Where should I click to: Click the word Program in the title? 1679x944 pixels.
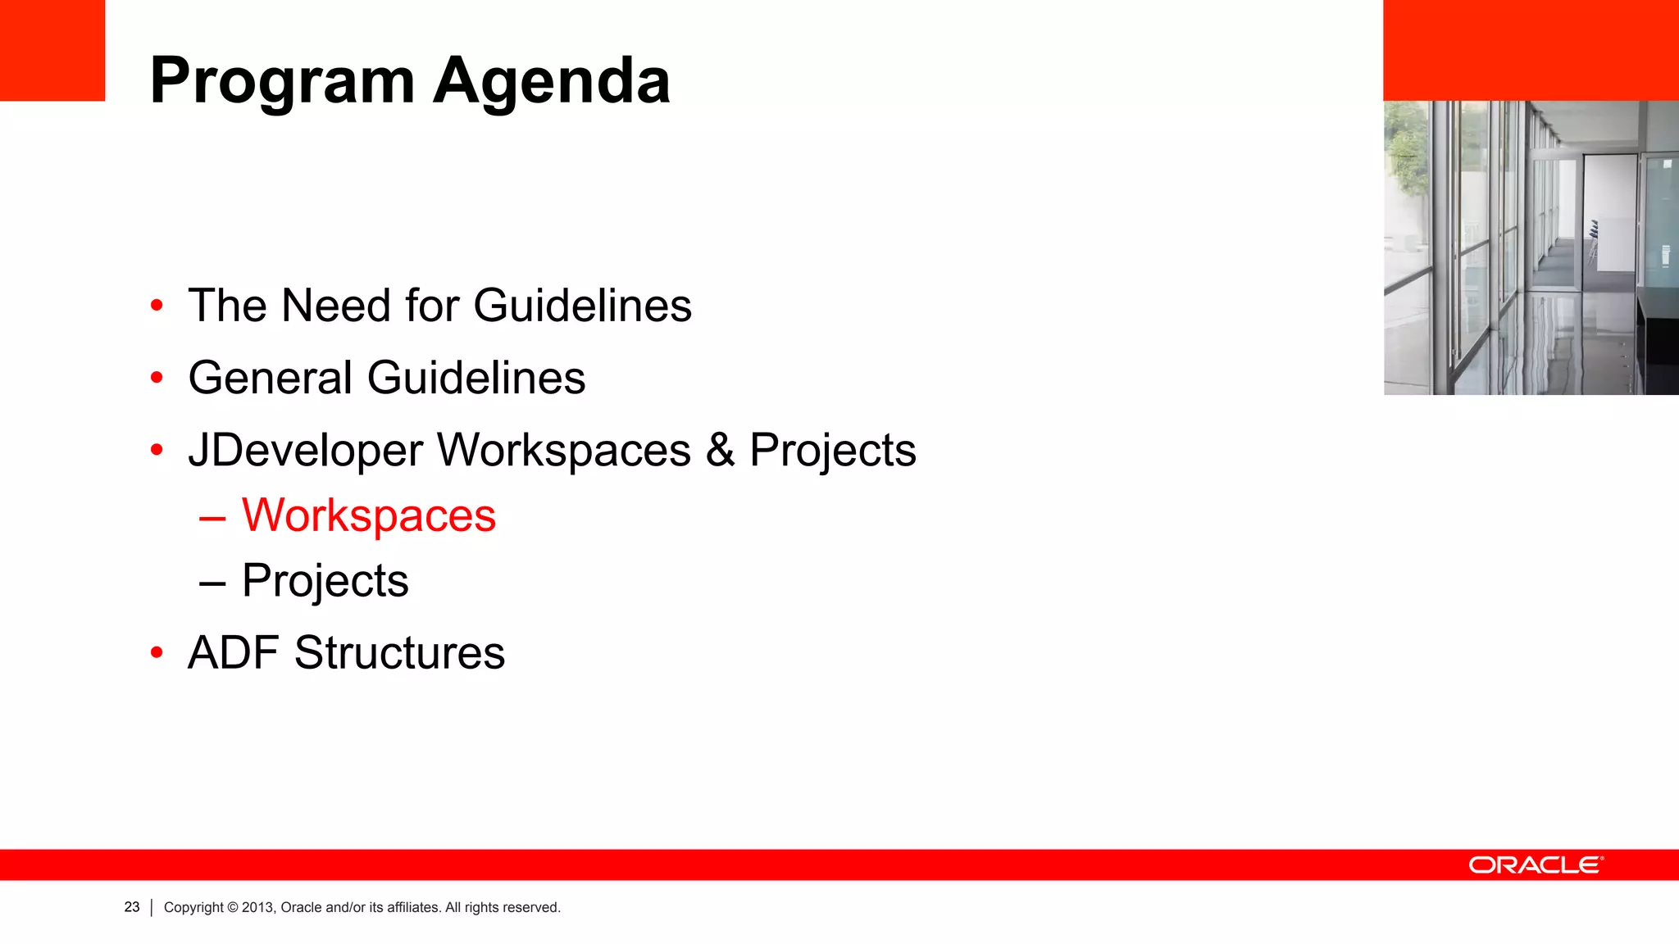(x=282, y=82)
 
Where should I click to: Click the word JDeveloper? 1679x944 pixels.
(x=305, y=451)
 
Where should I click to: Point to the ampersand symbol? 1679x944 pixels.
(x=720, y=450)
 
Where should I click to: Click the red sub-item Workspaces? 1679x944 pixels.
(x=368, y=515)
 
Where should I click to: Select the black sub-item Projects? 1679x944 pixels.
(x=325, y=581)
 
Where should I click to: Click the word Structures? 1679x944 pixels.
(x=399, y=653)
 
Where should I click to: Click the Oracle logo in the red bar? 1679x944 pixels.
(x=1536, y=865)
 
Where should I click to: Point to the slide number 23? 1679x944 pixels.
(x=132, y=907)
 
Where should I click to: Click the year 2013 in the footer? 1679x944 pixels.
(x=257, y=908)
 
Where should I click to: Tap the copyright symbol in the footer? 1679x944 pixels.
(x=233, y=908)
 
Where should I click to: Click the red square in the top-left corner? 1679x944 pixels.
(x=52, y=50)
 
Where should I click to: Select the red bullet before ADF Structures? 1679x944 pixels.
(x=157, y=653)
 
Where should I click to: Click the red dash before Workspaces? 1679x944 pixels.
(x=212, y=518)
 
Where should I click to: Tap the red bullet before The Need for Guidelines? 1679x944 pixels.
(x=157, y=306)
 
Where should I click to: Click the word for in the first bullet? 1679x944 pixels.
(x=431, y=306)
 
